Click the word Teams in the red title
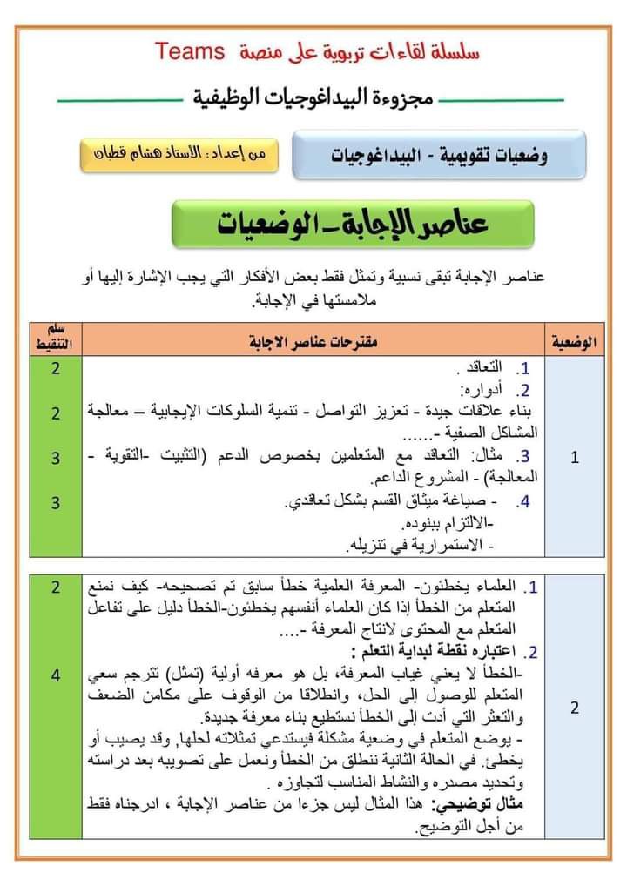click(x=192, y=50)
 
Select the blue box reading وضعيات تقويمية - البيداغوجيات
click(x=439, y=156)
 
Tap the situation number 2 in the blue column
click(x=575, y=708)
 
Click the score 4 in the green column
click(x=55, y=675)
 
